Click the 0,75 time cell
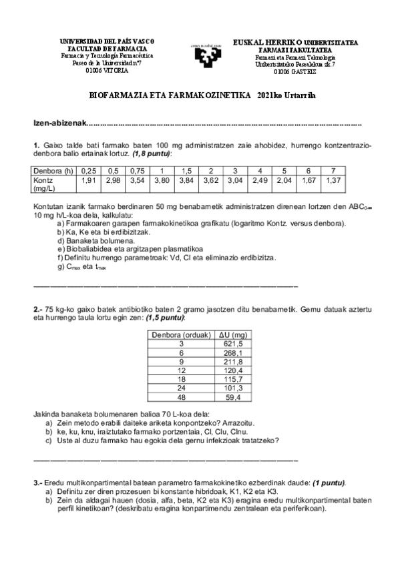(x=138, y=170)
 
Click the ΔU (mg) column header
(x=234, y=335)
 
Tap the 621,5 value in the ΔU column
(x=234, y=344)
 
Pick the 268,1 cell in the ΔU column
(x=234, y=352)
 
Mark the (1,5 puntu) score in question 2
(x=163, y=318)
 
